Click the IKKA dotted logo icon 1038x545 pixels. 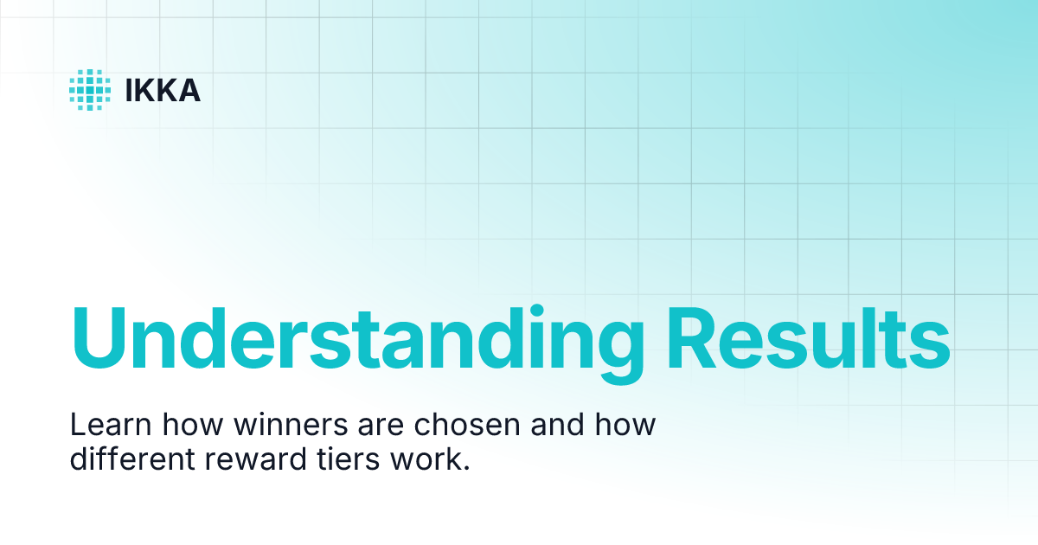click(x=90, y=90)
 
